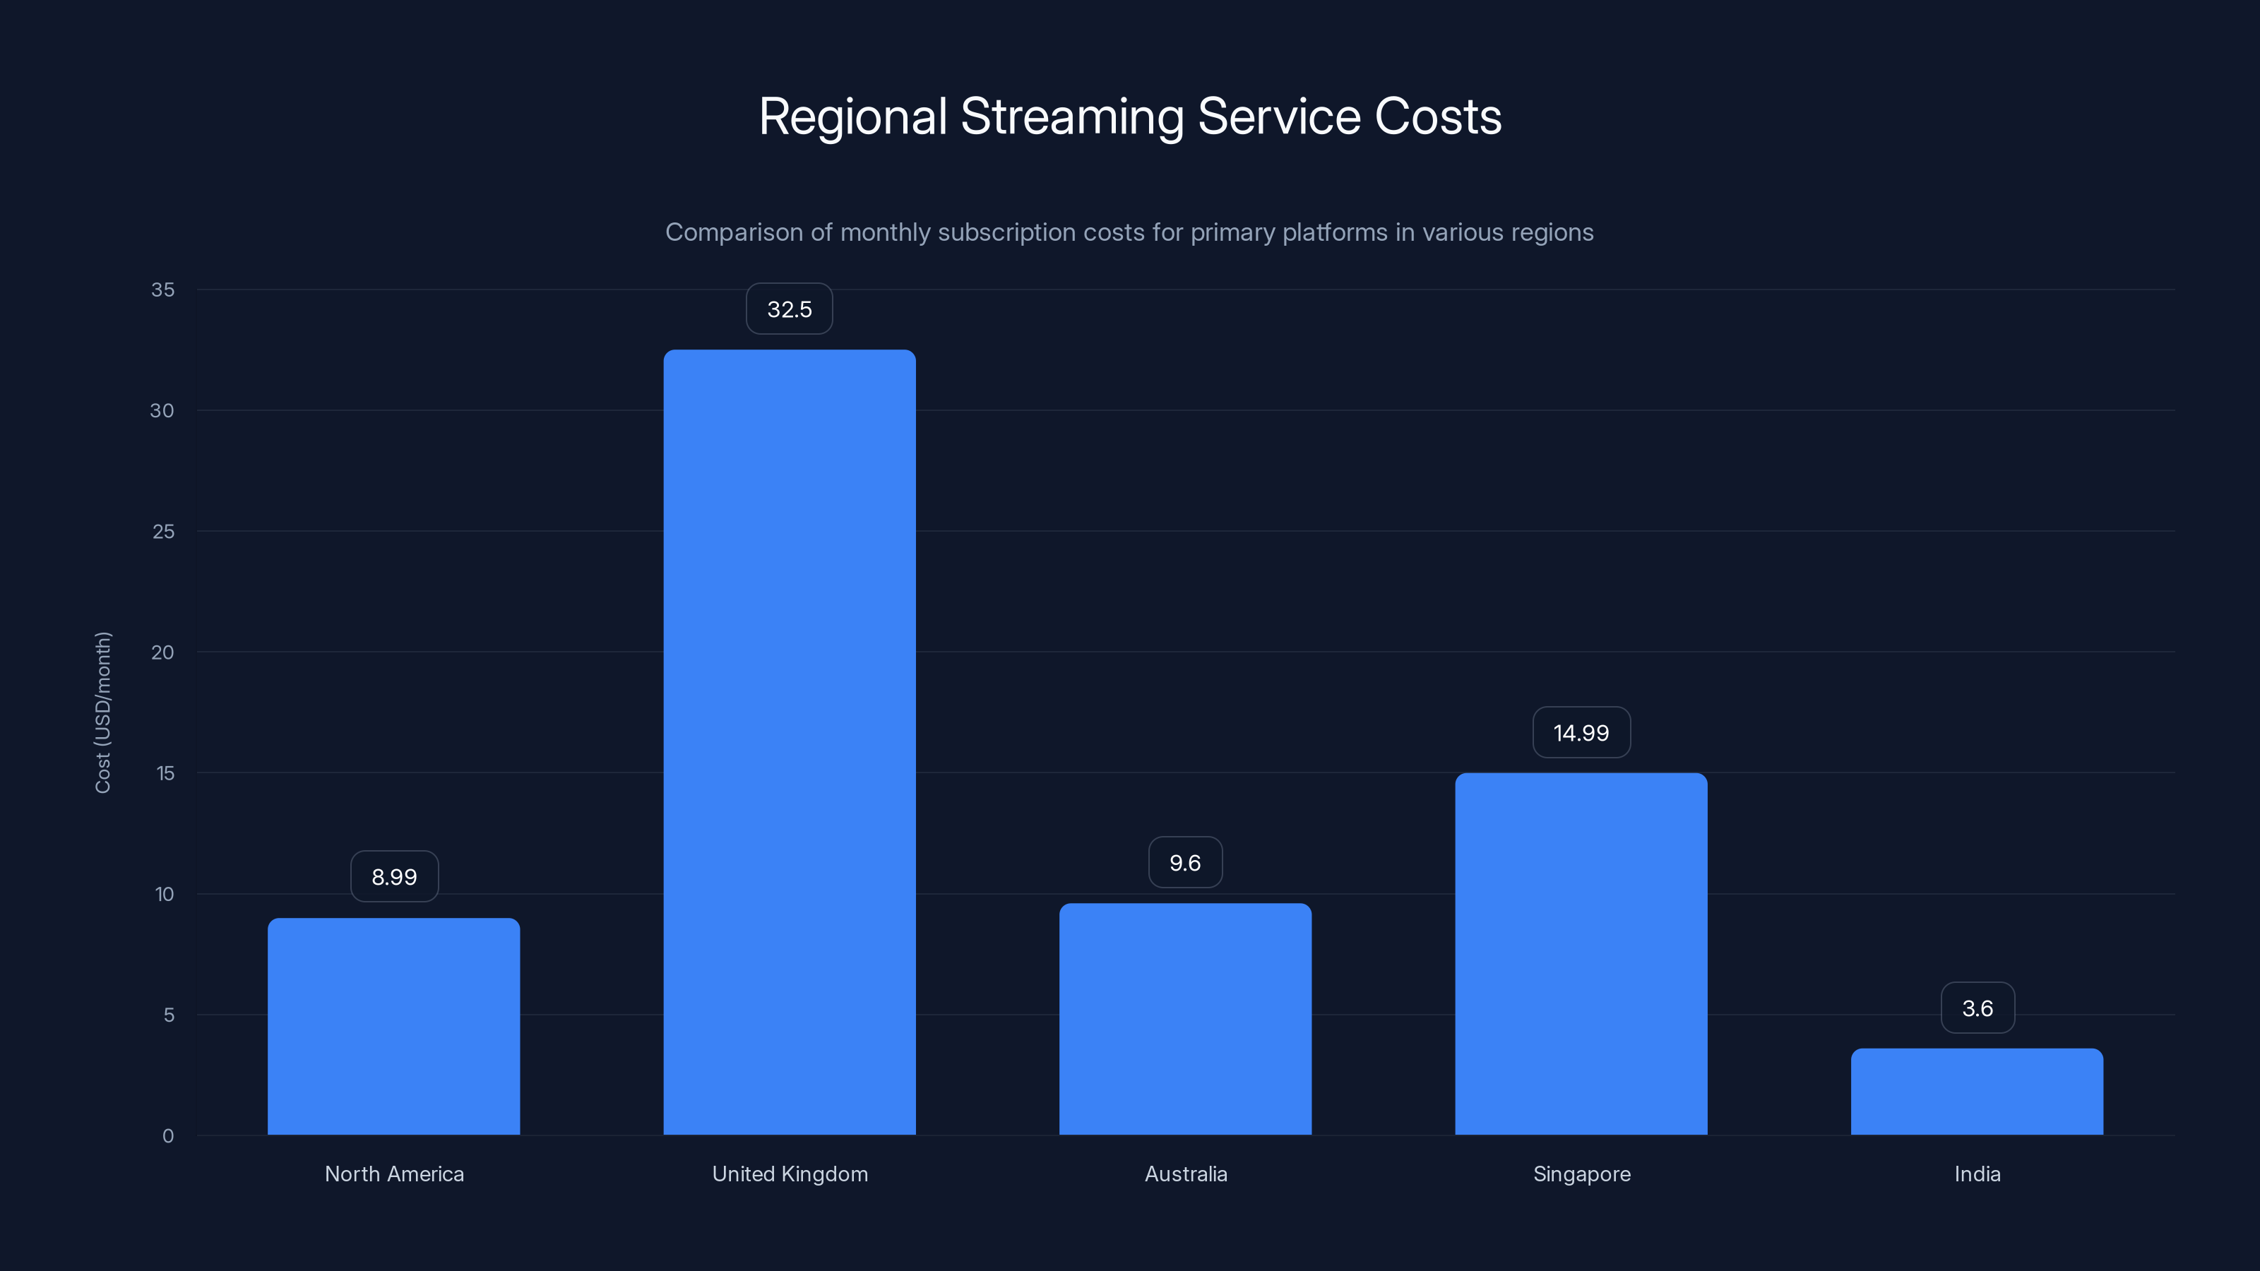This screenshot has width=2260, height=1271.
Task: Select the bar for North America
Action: pyautogui.click(x=393, y=1026)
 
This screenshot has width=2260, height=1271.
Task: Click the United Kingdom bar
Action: pyautogui.click(x=789, y=742)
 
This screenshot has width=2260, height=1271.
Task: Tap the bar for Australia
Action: pyautogui.click(x=1184, y=1018)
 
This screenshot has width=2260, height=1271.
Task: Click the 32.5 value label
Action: pyautogui.click(x=789, y=309)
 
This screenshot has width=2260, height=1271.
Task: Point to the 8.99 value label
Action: pyautogui.click(x=394, y=876)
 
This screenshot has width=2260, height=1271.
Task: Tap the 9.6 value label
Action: pyautogui.click(x=1184, y=862)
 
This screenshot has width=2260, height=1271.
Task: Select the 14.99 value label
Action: pyautogui.click(x=1581, y=732)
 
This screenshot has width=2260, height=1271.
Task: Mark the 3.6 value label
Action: pyautogui.click(x=1977, y=1008)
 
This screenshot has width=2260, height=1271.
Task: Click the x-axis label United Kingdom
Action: pyautogui.click(x=790, y=1174)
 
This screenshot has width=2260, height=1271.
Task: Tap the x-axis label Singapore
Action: pyautogui.click(x=1581, y=1174)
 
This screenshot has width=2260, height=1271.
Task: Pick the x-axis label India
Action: pyautogui.click(x=1977, y=1174)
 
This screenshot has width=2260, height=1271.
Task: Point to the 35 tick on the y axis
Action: pyautogui.click(x=162, y=290)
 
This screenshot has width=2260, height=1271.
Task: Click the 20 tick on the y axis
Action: pyautogui.click(x=162, y=652)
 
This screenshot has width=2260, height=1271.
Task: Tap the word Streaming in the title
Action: pyautogui.click(x=1072, y=117)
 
